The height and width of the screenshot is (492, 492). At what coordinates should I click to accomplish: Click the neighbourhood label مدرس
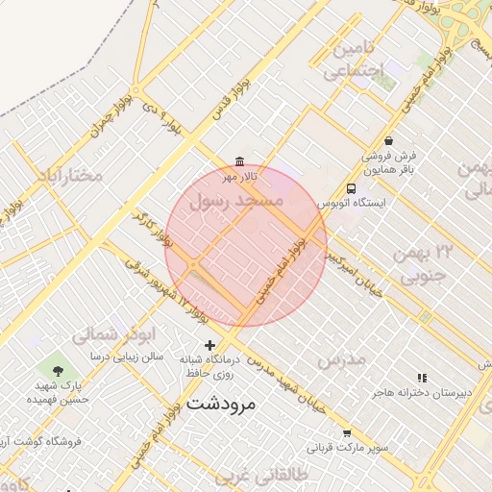[x=341, y=359]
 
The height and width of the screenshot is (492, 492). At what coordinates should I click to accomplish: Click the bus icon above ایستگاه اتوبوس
[x=352, y=188]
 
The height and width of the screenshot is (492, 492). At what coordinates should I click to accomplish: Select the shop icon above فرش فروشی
[x=388, y=139]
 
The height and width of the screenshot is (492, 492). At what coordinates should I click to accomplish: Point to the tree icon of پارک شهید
[x=58, y=370]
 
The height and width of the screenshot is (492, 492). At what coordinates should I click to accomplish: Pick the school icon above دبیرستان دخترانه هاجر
[x=421, y=379]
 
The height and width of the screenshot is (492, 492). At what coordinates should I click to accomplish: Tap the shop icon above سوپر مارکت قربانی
[x=347, y=433]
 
